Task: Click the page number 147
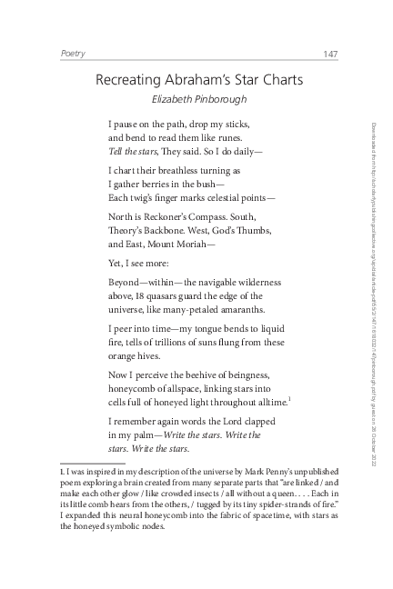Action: pos(330,55)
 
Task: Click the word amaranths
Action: pos(239,309)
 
